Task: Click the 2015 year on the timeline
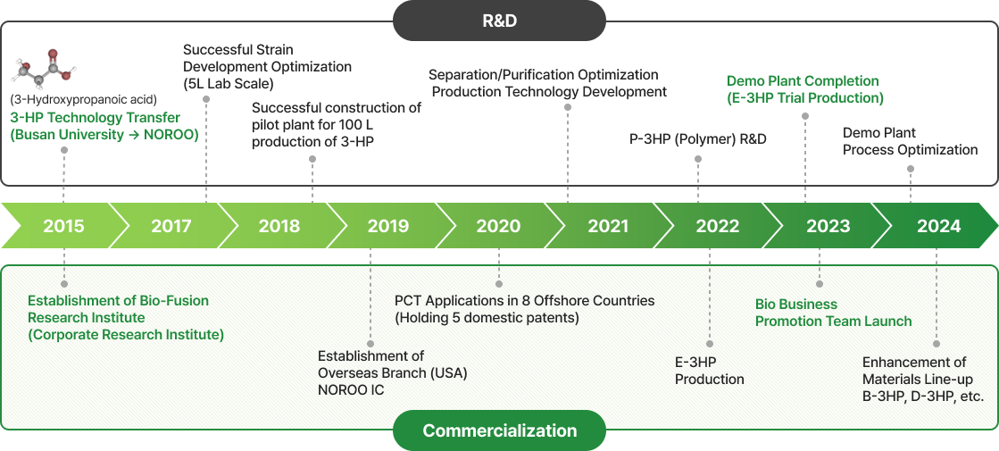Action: click(63, 226)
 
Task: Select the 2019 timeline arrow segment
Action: click(388, 225)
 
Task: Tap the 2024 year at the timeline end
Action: click(939, 226)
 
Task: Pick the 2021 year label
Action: click(608, 226)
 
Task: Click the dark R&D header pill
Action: click(499, 21)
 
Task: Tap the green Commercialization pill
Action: click(500, 430)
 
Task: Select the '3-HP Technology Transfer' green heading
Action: click(95, 118)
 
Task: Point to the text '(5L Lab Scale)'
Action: click(228, 83)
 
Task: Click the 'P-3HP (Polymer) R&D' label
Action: click(697, 138)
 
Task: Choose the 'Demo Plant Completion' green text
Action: click(803, 81)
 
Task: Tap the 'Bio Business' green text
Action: click(795, 305)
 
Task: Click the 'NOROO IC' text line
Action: click(351, 390)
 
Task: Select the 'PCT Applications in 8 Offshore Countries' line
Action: click(524, 300)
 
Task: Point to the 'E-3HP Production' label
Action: click(710, 371)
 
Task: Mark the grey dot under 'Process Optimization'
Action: click(911, 169)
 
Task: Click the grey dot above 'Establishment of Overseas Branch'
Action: click(370, 343)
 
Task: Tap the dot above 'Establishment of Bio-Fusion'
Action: click(63, 283)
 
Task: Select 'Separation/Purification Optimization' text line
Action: click(544, 74)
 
